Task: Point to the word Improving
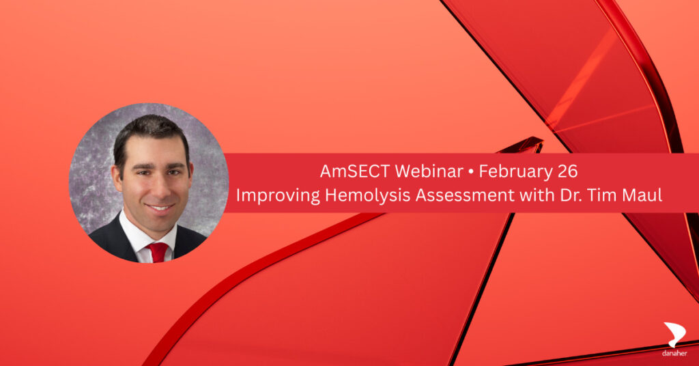pos(279,195)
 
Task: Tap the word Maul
pos(644,195)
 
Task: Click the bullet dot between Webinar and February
pos(471,172)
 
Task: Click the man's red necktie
pos(158,252)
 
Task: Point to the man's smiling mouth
pos(160,208)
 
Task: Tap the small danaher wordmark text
pos(674,354)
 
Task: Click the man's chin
pos(159,221)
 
